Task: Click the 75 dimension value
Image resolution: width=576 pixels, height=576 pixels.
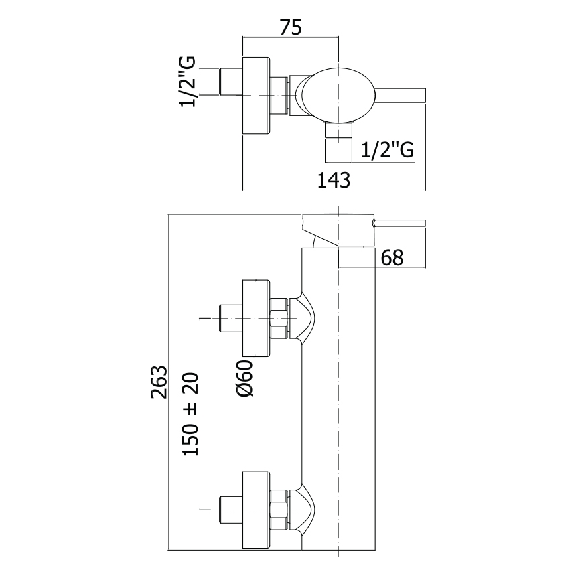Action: pyautogui.click(x=291, y=28)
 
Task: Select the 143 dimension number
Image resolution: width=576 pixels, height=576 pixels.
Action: pyautogui.click(x=335, y=180)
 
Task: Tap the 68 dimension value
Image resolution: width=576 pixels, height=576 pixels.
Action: pyautogui.click(x=392, y=257)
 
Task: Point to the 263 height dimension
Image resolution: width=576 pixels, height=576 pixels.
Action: pyautogui.click(x=158, y=382)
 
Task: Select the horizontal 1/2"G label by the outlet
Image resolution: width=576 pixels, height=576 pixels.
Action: pyautogui.click(x=386, y=151)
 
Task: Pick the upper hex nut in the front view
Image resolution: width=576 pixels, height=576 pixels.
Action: pyautogui.click(x=279, y=318)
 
